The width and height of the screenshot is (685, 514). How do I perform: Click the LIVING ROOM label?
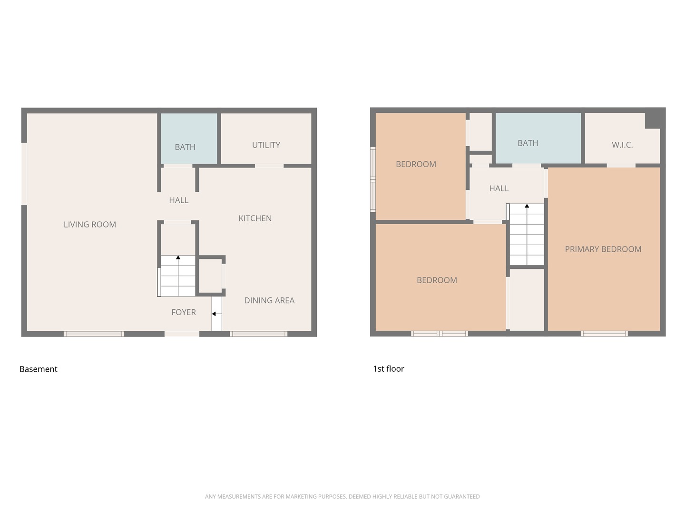click(x=90, y=225)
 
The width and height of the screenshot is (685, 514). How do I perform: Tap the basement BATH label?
click(x=185, y=147)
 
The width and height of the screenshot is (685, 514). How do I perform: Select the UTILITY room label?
click(x=266, y=145)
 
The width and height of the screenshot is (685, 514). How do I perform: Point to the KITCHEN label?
click(x=255, y=218)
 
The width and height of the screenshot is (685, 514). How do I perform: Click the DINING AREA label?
click(x=269, y=300)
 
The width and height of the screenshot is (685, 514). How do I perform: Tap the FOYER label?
click(x=184, y=312)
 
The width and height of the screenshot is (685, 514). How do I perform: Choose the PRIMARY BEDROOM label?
click(x=603, y=249)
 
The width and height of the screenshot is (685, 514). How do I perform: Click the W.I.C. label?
click(x=622, y=145)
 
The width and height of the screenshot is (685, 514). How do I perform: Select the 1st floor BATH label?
click(x=528, y=143)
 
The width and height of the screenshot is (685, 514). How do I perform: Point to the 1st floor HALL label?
click(x=499, y=188)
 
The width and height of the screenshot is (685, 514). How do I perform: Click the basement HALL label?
click(x=178, y=200)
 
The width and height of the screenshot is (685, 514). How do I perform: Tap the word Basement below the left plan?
click(x=38, y=369)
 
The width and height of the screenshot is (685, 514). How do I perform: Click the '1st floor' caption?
click(x=388, y=369)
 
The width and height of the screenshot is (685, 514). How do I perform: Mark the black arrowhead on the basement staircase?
click(x=178, y=257)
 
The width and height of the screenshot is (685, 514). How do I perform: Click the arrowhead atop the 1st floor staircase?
click(x=527, y=206)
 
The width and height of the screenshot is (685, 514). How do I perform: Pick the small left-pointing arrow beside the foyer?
click(x=214, y=314)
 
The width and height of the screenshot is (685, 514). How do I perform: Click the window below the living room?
click(x=94, y=334)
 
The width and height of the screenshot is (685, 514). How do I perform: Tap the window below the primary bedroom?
click(x=604, y=334)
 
